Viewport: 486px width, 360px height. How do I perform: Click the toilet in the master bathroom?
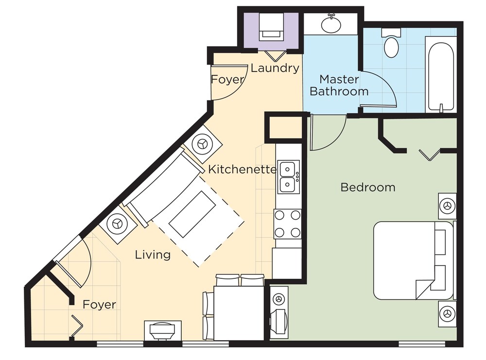[x=391, y=43]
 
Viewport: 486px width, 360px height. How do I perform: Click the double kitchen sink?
[x=288, y=177]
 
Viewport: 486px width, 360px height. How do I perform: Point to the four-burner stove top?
[x=288, y=223]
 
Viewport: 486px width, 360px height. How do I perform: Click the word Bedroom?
[x=368, y=187]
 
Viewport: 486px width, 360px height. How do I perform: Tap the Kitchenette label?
[x=242, y=169]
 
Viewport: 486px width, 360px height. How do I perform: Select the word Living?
[x=153, y=255]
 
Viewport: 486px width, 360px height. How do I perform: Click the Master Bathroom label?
[x=339, y=85]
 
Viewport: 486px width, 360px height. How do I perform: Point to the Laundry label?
[x=275, y=68]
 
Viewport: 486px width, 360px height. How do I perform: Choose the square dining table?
[x=239, y=313]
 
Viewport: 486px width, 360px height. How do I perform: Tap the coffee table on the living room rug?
[x=193, y=214]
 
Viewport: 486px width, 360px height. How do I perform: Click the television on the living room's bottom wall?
[x=162, y=330]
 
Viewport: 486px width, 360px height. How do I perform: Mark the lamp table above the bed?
[x=447, y=206]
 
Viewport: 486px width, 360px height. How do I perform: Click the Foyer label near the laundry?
[x=227, y=80]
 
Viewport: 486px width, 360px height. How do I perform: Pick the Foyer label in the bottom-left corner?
[x=99, y=305]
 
